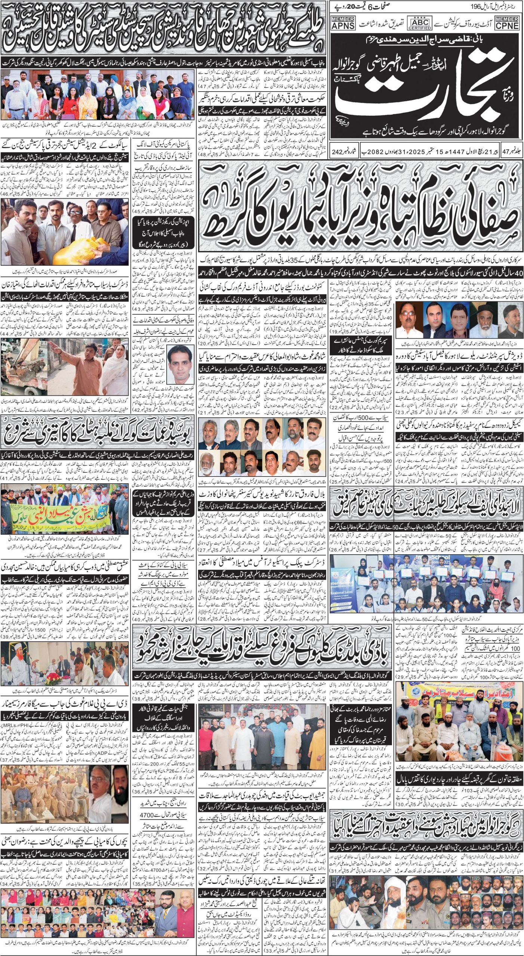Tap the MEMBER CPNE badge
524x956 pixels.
pyautogui.click(x=507, y=23)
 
